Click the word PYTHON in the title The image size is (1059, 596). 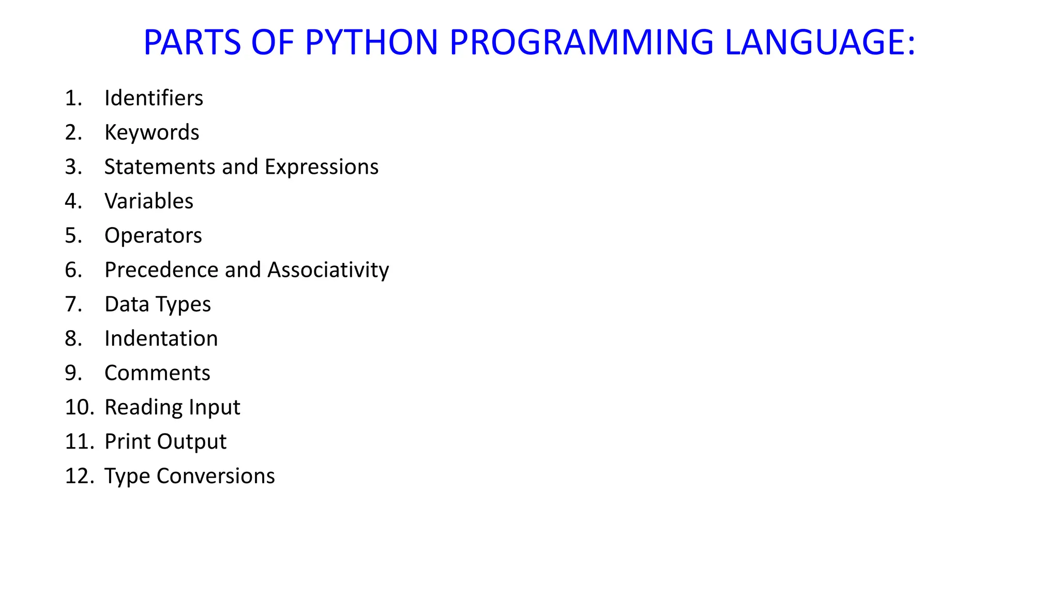(371, 42)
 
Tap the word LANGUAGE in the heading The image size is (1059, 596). (820, 42)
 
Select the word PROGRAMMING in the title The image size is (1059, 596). (582, 42)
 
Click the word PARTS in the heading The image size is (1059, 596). (192, 42)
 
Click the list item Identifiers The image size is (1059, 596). (154, 98)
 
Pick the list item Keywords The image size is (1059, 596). (152, 132)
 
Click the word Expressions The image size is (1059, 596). (322, 167)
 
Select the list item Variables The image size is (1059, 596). (149, 201)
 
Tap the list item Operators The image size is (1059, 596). (153, 235)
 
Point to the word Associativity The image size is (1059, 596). (328, 270)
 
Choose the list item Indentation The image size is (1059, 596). (161, 338)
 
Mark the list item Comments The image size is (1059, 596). (157, 373)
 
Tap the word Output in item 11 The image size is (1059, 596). (192, 442)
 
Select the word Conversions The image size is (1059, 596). (216, 476)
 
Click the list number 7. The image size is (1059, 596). (73, 304)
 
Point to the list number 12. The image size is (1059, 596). (79, 476)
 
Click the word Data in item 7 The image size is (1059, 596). (127, 304)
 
